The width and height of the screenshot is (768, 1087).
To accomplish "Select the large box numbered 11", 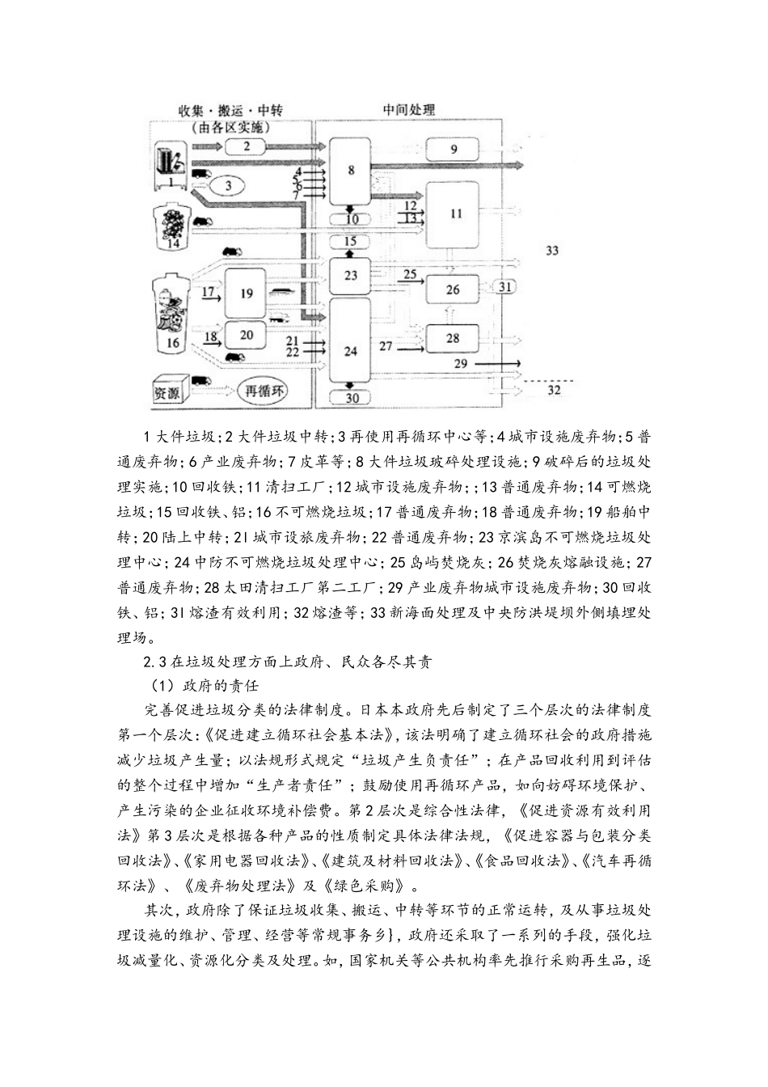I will [456, 214].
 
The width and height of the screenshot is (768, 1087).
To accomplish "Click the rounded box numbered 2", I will [247, 146].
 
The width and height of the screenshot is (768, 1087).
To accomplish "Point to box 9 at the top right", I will [454, 148].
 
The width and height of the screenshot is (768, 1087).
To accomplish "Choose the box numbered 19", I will [247, 293].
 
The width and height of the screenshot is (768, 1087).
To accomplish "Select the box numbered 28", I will [452, 338].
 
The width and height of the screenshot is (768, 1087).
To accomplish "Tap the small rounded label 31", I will [504, 286].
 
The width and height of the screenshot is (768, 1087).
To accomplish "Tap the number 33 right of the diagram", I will [552, 251].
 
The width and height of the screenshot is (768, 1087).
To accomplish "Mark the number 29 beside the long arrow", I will [460, 363].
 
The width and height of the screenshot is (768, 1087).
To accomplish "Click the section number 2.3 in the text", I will [156, 662].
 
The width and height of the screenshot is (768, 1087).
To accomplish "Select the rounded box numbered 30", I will [351, 397].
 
